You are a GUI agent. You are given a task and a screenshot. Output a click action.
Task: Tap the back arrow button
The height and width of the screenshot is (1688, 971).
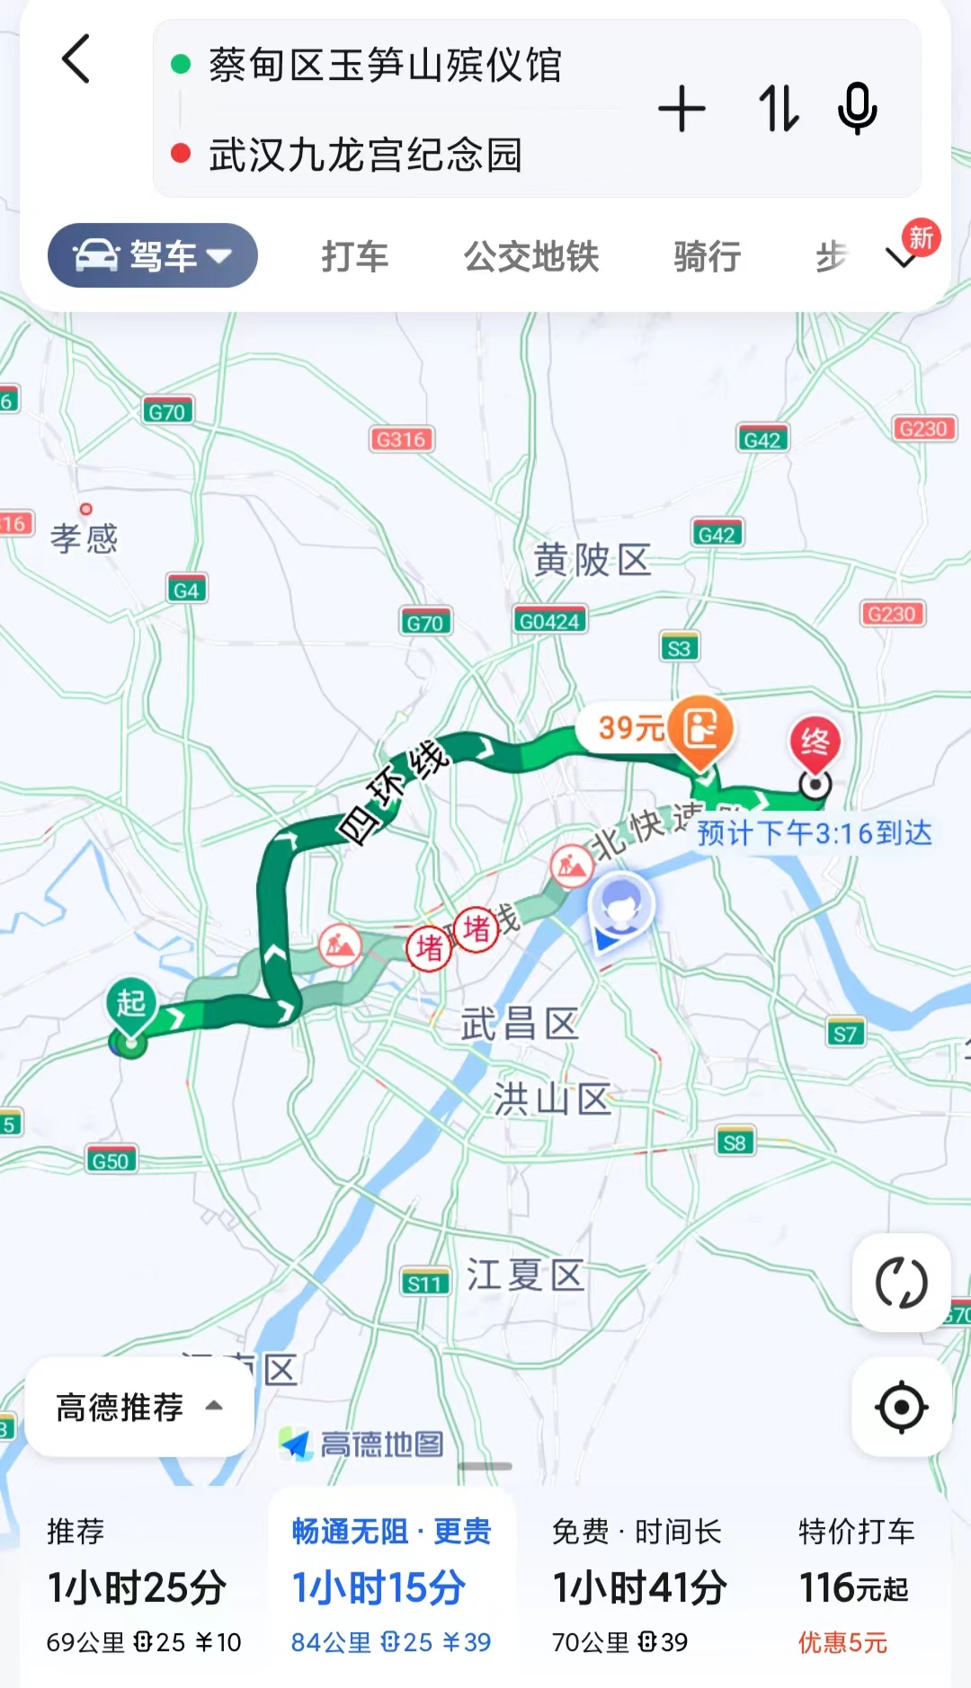(x=76, y=59)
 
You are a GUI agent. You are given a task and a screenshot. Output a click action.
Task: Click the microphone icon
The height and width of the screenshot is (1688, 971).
(x=857, y=109)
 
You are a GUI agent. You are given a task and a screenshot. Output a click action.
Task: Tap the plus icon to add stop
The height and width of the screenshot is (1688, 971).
(x=681, y=110)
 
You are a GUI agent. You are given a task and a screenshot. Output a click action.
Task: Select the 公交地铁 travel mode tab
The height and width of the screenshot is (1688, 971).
(x=531, y=257)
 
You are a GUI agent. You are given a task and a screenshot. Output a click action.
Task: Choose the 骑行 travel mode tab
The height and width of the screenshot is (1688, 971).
(x=708, y=257)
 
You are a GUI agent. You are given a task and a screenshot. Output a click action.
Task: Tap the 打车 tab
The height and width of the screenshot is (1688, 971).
(x=355, y=257)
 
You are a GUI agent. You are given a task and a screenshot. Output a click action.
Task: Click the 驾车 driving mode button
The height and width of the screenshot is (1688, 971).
(x=153, y=256)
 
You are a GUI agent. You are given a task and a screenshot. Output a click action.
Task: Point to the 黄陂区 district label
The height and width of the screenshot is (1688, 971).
(x=592, y=560)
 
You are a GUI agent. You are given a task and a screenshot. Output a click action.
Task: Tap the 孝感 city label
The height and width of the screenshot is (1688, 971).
(x=84, y=537)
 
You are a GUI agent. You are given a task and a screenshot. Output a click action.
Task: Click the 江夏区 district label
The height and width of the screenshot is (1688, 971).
(x=525, y=1275)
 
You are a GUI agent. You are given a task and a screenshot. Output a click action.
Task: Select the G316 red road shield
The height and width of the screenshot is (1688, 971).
(x=401, y=440)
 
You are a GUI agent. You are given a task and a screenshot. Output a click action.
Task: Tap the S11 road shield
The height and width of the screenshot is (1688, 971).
(x=424, y=1284)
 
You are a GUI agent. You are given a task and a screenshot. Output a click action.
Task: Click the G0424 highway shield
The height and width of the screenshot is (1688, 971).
(x=549, y=621)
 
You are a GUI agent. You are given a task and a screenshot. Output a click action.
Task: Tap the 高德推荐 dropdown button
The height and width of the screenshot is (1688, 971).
(x=138, y=1407)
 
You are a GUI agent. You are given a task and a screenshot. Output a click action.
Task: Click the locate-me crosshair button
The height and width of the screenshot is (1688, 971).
(x=901, y=1408)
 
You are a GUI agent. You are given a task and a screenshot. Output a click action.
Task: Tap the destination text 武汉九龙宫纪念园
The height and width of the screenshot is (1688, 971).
(x=366, y=155)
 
